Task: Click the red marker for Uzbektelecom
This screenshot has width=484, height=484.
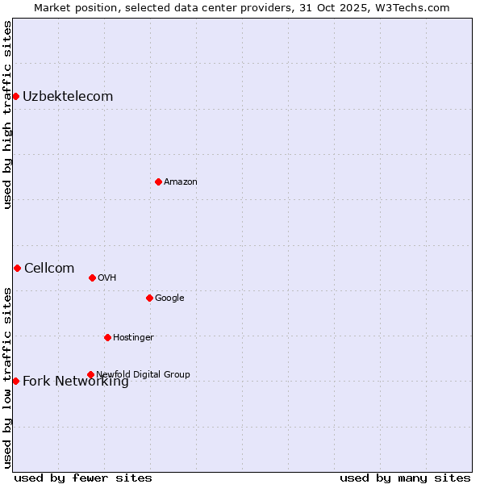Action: pyautogui.click(x=15, y=97)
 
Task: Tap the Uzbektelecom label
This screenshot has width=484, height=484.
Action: pyautogui.click(x=68, y=97)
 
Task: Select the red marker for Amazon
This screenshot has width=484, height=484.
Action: pyautogui.click(x=158, y=181)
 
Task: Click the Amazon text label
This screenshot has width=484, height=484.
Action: pyautogui.click(x=181, y=181)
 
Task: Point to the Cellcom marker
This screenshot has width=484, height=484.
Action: pyautogui.click(x=17, y=268)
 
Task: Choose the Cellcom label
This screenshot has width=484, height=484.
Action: pyautogui.click(x=49, y=269)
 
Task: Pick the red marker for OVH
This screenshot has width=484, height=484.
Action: pyautogui.click(x=92, y=277)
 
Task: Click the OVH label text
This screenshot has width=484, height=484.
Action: pyautogui.click(x=107, y=277)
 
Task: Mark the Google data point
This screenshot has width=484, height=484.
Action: pyautogui.click(x=149, y=298)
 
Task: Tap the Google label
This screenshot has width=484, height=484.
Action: pyautogui.click(x=169, y=298)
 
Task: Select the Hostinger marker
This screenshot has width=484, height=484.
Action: pyautogui.click(x=107, y=337)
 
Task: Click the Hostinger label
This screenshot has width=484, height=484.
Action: pyautogui.click(x=133, y=337)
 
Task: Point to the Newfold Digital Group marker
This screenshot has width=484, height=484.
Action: pyautogui.click(x=90, y=374)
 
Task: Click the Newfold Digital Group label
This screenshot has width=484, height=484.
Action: pyautogui.click(x=143, y=374)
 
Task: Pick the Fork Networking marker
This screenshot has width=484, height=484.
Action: pyautogui.click(x=15, y=381)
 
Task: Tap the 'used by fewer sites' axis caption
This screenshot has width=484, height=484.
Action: pyautogui.click(x=83, y=478)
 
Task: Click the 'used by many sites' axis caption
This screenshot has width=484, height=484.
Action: pyautogui.click(x=405, y=478)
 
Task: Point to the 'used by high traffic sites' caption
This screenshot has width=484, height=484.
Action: pyautogui.click(x=7, y=115)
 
